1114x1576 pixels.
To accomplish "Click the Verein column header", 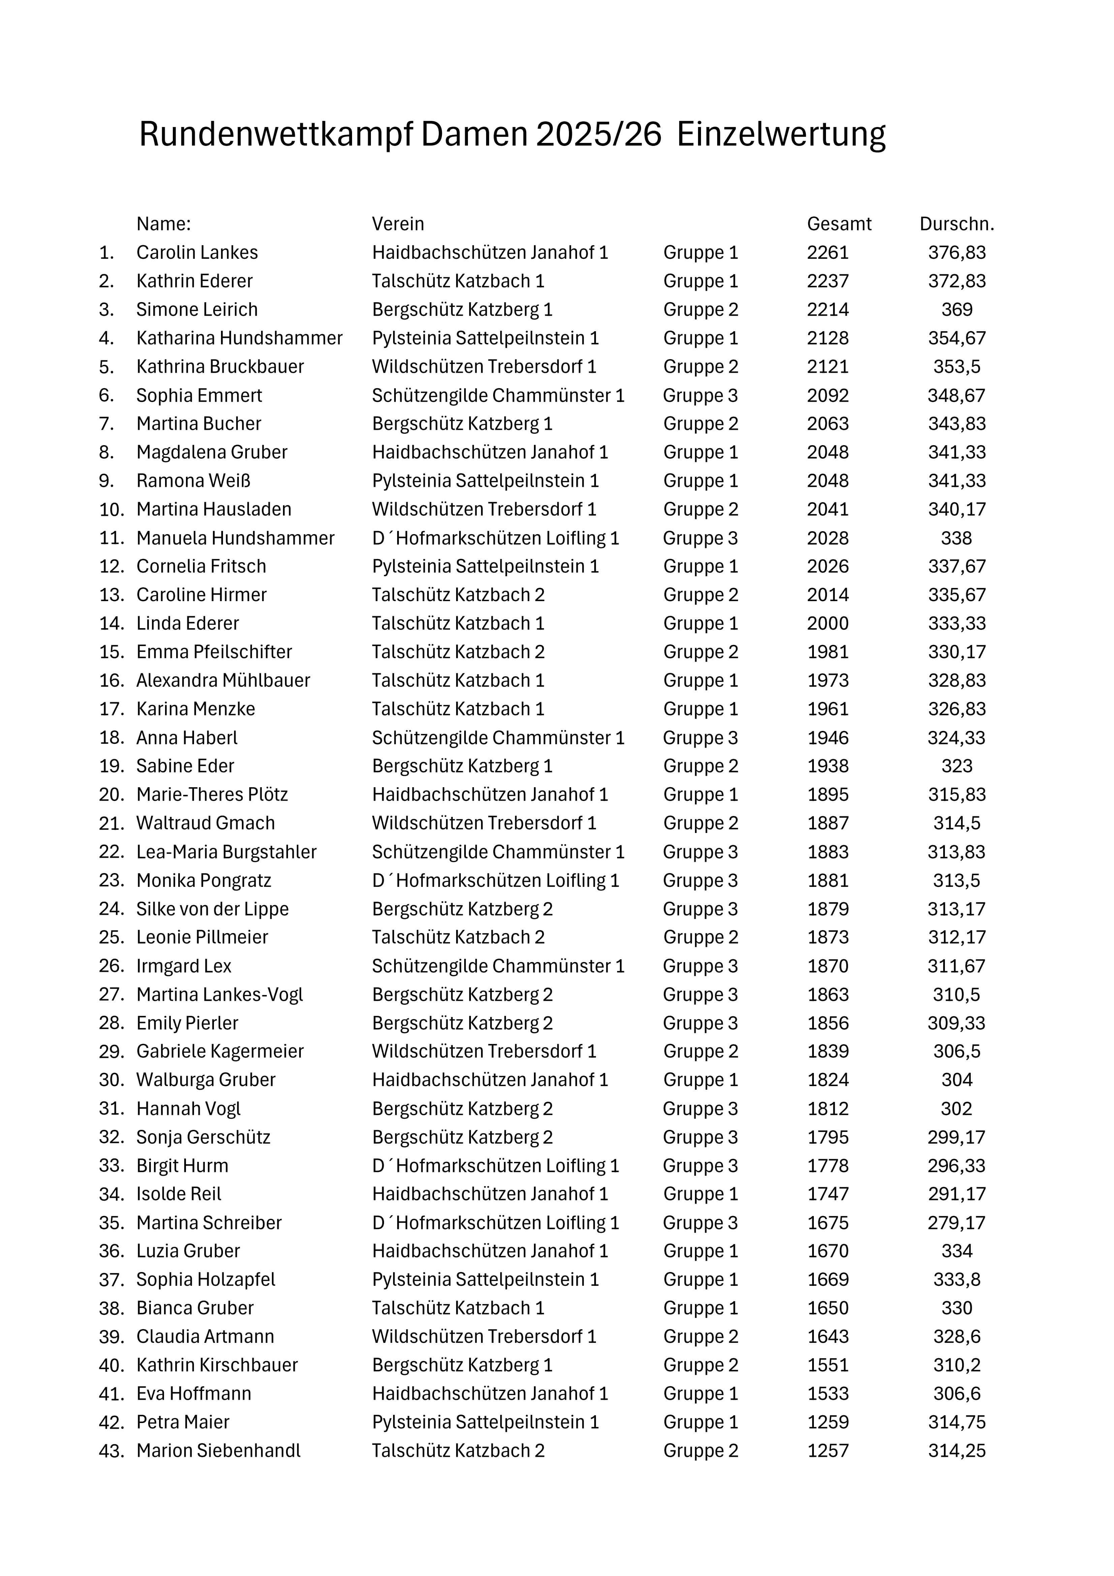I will tap(398, 224).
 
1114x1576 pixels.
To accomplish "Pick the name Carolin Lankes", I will tap(197, 253).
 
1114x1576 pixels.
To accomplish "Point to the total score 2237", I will tap(828, 281).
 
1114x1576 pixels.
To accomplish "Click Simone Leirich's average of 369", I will tap(957, 310).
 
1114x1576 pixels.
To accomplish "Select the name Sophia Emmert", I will tap(199, 395).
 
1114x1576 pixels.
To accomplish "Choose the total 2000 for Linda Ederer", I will tap(828, 623).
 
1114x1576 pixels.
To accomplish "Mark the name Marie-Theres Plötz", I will tap(212, 795).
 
